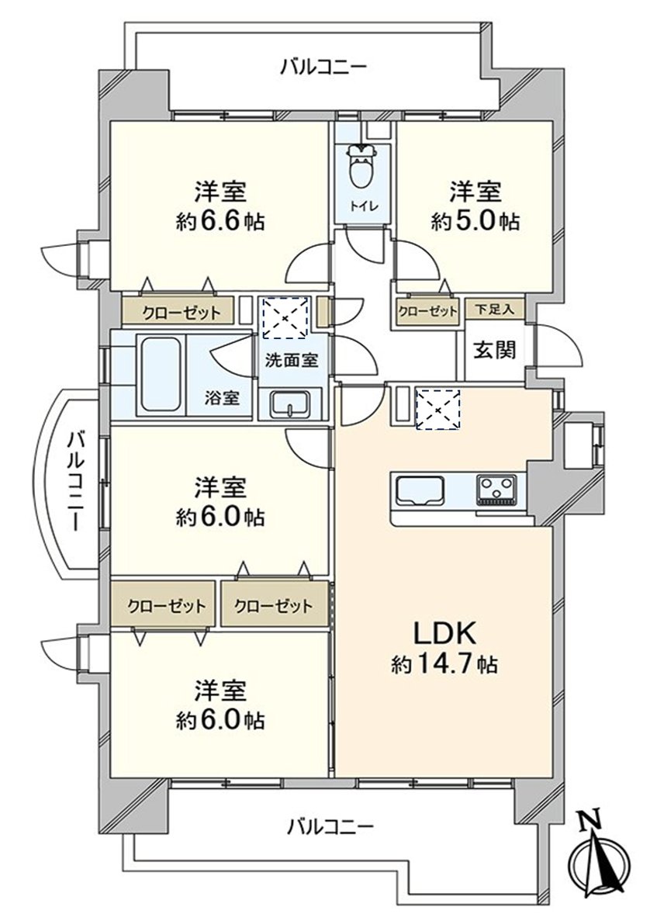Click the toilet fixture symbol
tap(359, 167)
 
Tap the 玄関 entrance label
tap(495, 350)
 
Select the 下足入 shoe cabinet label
tap(495, 310)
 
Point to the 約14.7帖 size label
tap(444, 664)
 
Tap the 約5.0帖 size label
tap(475, 222)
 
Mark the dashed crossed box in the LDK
tap(438, 409)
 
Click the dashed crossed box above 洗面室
tap(285, 317)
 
